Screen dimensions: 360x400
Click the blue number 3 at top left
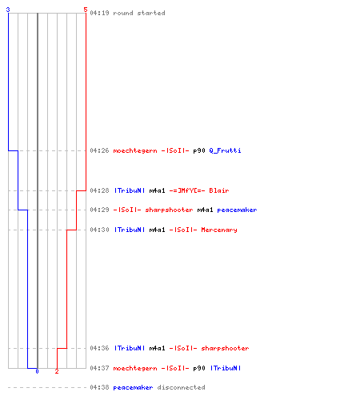8,10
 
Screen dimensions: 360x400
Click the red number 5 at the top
86,10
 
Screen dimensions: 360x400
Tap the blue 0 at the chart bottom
37,371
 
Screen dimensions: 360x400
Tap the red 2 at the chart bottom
57,371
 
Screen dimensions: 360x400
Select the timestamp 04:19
99,13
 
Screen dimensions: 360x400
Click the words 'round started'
139,13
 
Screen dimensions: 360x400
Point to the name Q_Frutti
225,150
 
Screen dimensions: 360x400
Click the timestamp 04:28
99,190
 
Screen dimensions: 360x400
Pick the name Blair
219,190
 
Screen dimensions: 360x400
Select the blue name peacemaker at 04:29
237,210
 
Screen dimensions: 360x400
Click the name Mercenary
219,230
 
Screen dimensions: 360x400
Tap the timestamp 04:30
99,230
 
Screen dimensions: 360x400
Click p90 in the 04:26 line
199,150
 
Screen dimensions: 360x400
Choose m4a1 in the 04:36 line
157,348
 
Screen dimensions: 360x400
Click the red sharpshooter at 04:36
225,348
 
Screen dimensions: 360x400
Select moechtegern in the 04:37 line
135,368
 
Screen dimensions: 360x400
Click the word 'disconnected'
181,387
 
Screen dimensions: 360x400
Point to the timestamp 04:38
99,387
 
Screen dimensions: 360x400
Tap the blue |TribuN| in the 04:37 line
226,368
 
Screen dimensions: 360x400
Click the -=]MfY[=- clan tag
187,190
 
